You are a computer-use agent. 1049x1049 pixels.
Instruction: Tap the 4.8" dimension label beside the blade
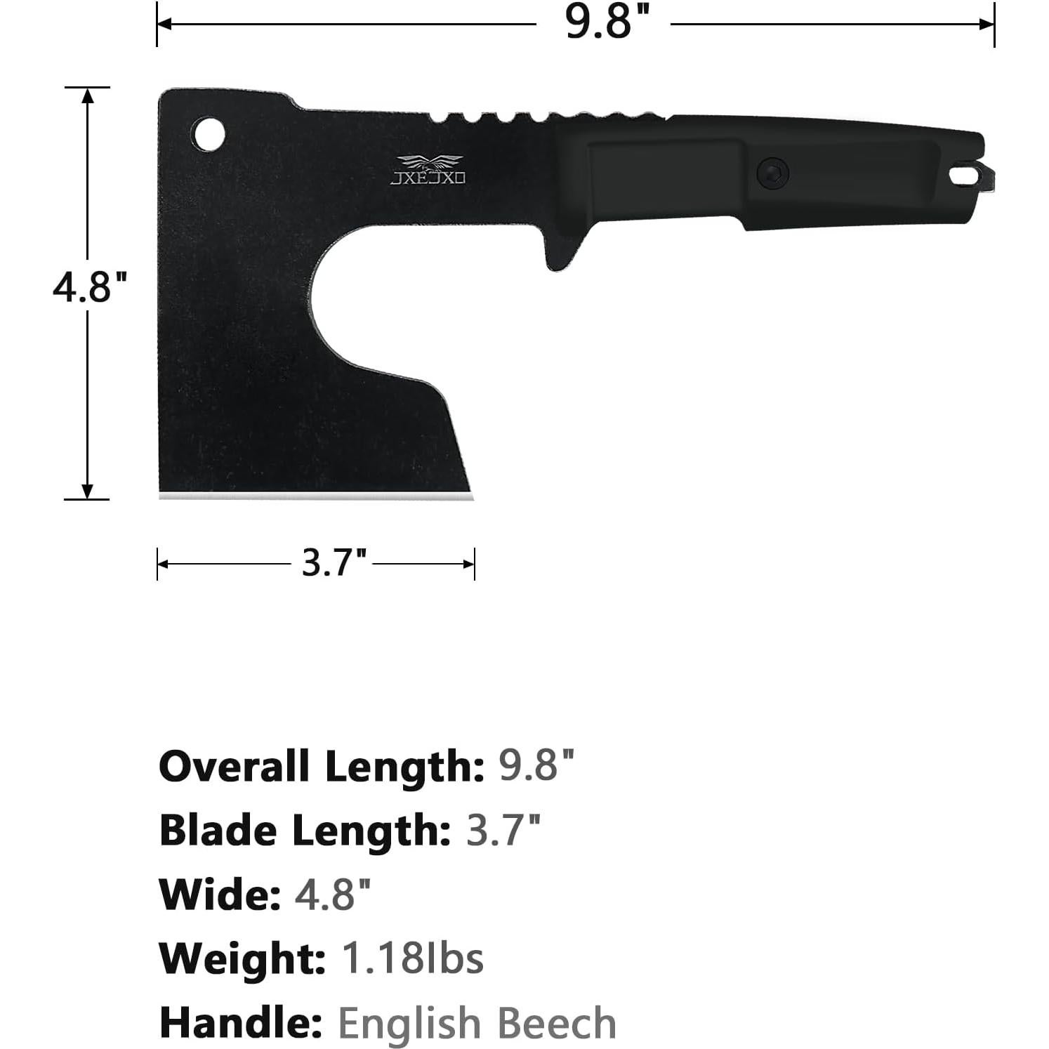(89, 286)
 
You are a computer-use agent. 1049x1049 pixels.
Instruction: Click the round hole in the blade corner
(209, 133)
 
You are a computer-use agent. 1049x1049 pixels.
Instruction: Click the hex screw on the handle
(772, 173)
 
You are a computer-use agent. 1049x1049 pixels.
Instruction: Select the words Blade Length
(305, 831)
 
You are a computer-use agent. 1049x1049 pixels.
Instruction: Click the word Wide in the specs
(219, 895)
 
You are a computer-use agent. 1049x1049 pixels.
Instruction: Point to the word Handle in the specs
(240, 1022)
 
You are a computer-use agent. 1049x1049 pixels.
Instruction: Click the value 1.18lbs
(412, 958)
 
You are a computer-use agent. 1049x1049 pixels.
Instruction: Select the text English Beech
(477, 1022)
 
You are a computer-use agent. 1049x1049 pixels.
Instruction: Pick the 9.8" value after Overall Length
(536, 766)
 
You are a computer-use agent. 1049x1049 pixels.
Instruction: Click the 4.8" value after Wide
(331, 895)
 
